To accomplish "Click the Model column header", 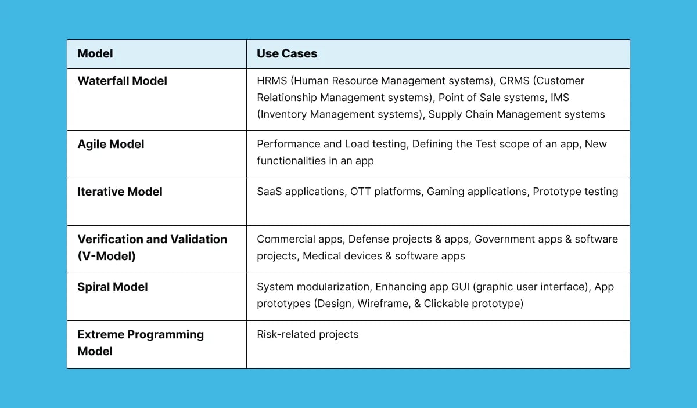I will point(95,54).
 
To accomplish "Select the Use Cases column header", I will point(287,54).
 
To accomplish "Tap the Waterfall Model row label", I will point(122,81).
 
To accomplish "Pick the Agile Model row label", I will point(111,145).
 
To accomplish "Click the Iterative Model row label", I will point(120,192).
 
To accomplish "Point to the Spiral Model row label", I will point(113,287).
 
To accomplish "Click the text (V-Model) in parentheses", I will point(106,256).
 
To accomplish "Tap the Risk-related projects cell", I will point(308,334).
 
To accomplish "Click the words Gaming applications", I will point(477,192).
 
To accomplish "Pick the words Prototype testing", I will point(575,192).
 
